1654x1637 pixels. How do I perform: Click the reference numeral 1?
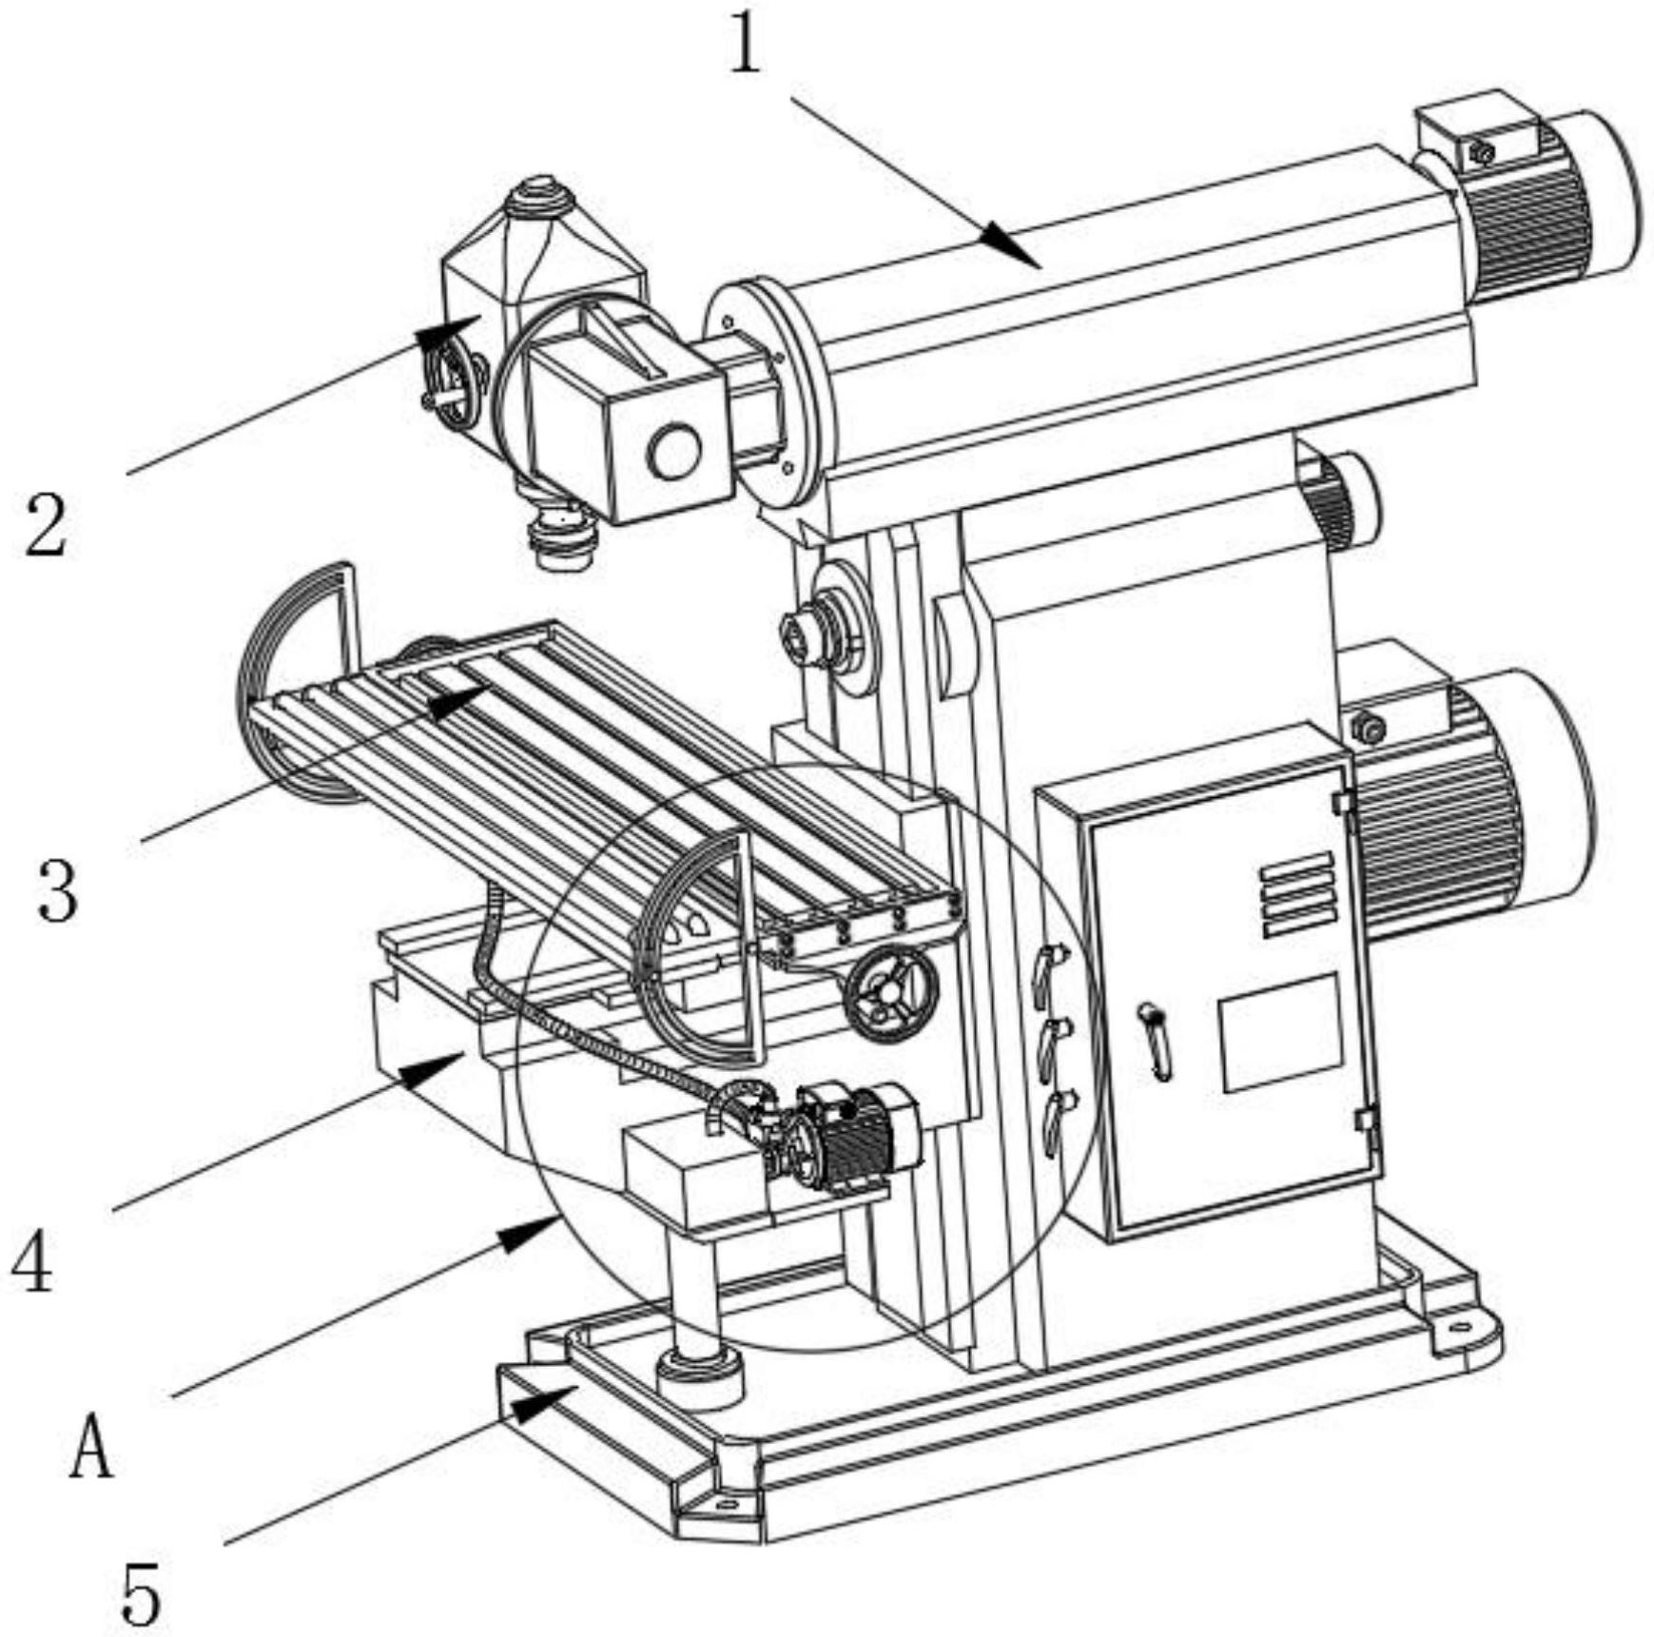(746, 45)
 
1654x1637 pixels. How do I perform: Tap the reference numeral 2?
(46, 524)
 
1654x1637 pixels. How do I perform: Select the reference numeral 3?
(57, 888)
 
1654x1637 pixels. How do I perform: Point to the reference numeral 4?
(32, 1259)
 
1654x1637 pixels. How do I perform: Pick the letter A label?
(92, 1445)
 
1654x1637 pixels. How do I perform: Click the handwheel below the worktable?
(891, 994)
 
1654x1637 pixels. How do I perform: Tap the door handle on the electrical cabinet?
(1156, 1042)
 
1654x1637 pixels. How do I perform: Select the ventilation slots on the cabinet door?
(1297, 895)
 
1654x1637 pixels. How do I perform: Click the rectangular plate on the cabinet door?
(1281, 1032)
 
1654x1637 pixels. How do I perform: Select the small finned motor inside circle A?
(856, 1138)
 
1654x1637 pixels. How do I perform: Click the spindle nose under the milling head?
(565, 538)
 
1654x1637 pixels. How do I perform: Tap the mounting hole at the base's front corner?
(726, 1506)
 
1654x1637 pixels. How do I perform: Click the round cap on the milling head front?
(674, 451)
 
